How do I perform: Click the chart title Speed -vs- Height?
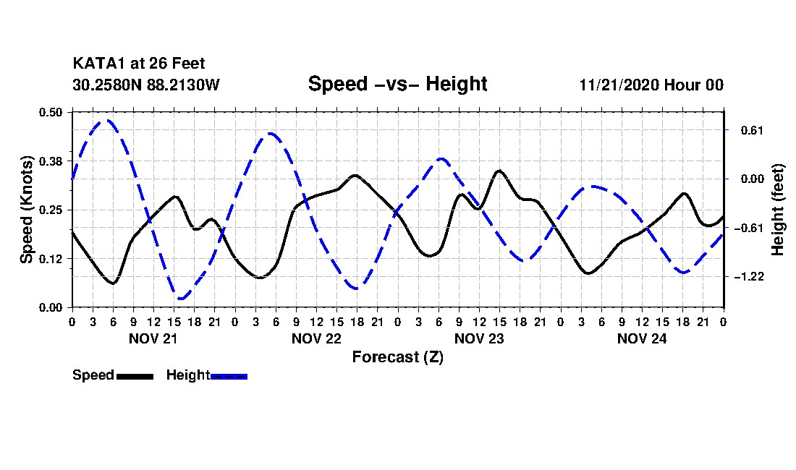click(x=397, y=84)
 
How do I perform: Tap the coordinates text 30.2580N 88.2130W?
click(x=145, y=85)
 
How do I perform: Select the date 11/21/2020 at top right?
click(x=617, y=85)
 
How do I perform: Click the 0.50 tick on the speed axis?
click(x=52, y=112)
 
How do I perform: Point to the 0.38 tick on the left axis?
click(x=52, y=161)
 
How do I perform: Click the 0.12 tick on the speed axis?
click(x=52, y=258)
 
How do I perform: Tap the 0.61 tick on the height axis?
click(x=742, y=130)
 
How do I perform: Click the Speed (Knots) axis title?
click(x=27, y=210)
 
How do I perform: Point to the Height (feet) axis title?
click(x=779, y=210)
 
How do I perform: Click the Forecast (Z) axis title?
click(x=397, y=356)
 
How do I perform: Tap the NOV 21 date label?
click(x=153, y=338)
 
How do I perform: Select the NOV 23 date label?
click(x=479, y=338)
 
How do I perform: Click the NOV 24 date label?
click(x=642, y=338)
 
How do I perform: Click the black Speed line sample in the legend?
click(x=135, y=376)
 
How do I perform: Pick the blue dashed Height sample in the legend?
click(x=229, y=376)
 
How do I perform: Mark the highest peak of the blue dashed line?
click(x=107, y=121)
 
